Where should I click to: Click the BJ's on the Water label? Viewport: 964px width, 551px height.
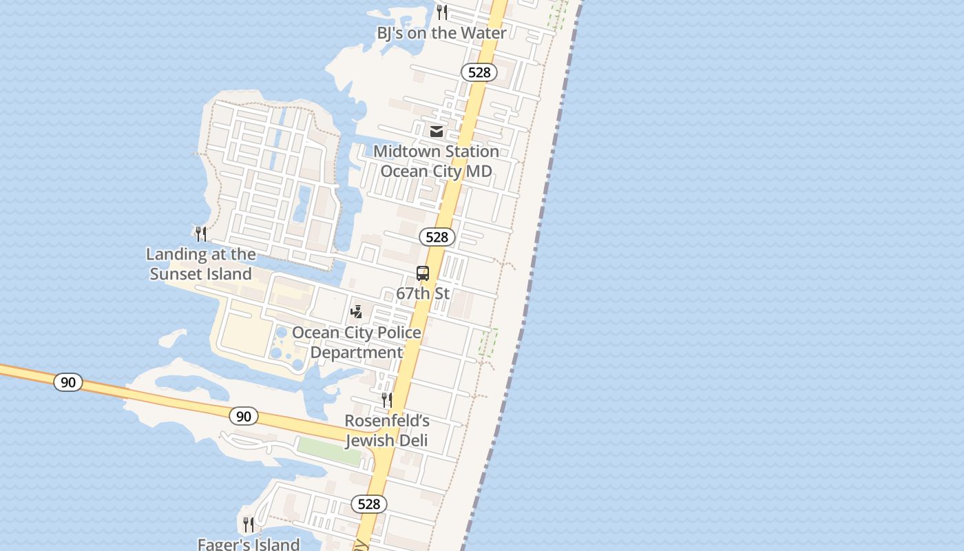point(441,32)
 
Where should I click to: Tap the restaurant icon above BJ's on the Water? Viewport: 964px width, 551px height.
point(442,12)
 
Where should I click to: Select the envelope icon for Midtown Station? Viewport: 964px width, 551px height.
point(437,131)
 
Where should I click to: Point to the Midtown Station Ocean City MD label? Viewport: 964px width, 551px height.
point(436,160)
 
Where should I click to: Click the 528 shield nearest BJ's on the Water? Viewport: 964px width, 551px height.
point(479,72)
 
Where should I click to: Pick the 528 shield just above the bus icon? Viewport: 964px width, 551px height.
point(437,237)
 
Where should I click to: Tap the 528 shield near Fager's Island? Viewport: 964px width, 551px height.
point(369,504)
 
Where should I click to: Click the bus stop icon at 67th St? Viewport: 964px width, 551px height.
point(423,273)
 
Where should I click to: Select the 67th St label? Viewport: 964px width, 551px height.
point(423,293)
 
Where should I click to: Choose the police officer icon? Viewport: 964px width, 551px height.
point(356,311)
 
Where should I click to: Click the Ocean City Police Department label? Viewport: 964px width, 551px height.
point(357,342)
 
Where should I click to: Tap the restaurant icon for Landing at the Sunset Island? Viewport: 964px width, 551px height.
point(201,234)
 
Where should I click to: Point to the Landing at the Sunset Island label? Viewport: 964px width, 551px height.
point(201,264)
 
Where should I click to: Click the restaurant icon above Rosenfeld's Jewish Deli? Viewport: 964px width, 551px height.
point(387,400)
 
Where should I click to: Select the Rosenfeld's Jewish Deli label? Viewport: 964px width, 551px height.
point(387,430)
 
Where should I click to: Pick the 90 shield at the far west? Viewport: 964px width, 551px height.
point(68,382)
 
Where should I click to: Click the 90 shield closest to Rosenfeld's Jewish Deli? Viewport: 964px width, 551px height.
point(244,416)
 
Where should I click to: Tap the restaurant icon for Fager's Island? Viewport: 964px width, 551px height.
point(249,525)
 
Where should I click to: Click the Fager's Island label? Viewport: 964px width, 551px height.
point(249,544)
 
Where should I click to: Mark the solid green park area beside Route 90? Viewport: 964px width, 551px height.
point(330,451)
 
